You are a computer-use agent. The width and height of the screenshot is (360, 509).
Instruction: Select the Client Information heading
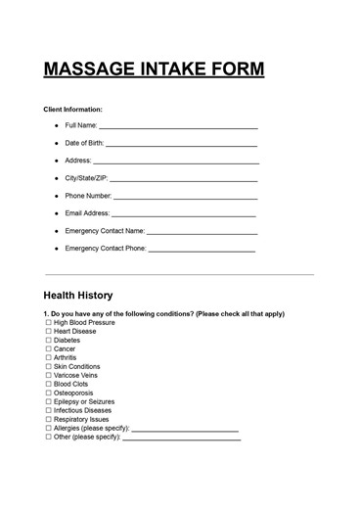pyautogui.click(x=73, y=109)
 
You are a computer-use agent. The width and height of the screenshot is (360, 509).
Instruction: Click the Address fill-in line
pyautogui.click(x=176, y=162)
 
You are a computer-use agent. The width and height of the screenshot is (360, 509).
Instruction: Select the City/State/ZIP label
pyautogui.click(x=86, y=179)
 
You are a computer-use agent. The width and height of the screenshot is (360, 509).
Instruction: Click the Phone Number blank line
pyautogui.click(x=185, y=197)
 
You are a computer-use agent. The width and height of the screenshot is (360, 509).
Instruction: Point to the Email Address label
pyautogui.click(x=87, y=213)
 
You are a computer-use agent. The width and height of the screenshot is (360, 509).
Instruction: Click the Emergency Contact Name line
pyautogui.click(x=202, y=233)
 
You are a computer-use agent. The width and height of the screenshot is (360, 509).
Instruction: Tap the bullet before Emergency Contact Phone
pyautogui.click(x=56, y=249)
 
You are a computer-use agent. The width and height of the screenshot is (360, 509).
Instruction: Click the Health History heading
pyautogui.click(x=78, y=295)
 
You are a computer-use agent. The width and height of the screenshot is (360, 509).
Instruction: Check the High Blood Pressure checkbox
pyautogui.click(x=48, y=322)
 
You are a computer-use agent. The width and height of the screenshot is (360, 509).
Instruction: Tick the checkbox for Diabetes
pyautogui.click(x=48, y=341)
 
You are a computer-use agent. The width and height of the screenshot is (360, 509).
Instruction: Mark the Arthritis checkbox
pyautogui.click(x=48, y=358)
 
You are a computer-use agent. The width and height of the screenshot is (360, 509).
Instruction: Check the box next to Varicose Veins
pyautogui.click(x=48, y=376)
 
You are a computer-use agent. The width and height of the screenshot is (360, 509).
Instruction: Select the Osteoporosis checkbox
pyautogui.click(x=48, y=393)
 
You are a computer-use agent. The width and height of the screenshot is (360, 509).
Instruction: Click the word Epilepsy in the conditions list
pyautogui.click(x=69, y=401)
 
